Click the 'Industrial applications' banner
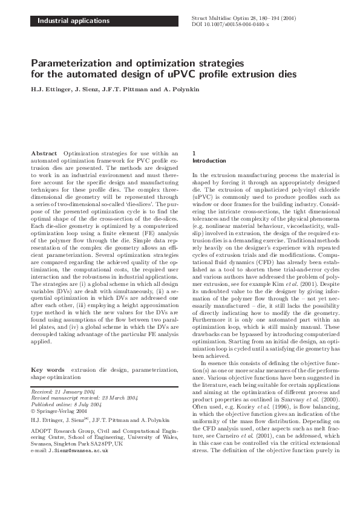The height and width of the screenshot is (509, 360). pos(74,21)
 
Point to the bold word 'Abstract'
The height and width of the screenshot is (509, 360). pos(45,154)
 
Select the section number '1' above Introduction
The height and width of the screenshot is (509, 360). pos(193,154)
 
